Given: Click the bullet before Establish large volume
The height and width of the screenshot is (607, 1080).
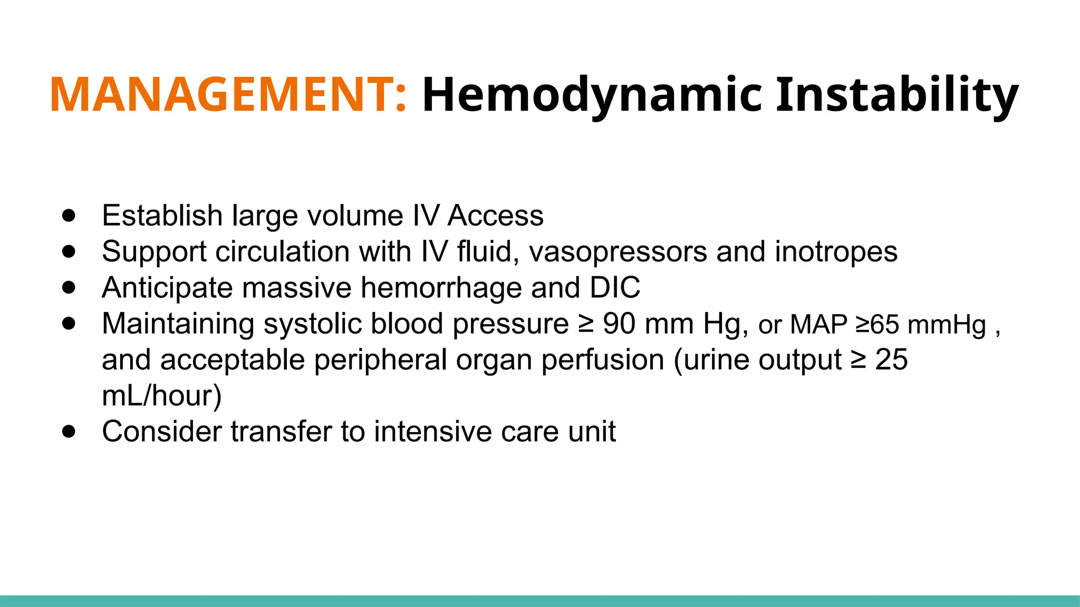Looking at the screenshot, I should tap(69, 216).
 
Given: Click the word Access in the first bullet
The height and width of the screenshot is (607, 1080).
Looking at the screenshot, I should tap(496, 216).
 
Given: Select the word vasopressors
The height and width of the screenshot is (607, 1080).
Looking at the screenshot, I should tap(618, 252).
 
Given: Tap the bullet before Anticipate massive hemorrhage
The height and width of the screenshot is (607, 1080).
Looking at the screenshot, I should tap(69, 288).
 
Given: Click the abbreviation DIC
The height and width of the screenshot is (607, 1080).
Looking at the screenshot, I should tap(615, 288).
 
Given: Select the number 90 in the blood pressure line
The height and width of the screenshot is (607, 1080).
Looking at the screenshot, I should tap(619, 324).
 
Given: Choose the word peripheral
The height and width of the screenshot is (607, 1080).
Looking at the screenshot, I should tap(380, 360).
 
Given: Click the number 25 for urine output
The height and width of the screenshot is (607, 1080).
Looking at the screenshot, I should tap(891, 359).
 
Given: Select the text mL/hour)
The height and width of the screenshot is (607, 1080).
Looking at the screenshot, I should tap(161, 396).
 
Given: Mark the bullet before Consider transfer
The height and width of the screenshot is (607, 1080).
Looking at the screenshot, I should tap(69, 432).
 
